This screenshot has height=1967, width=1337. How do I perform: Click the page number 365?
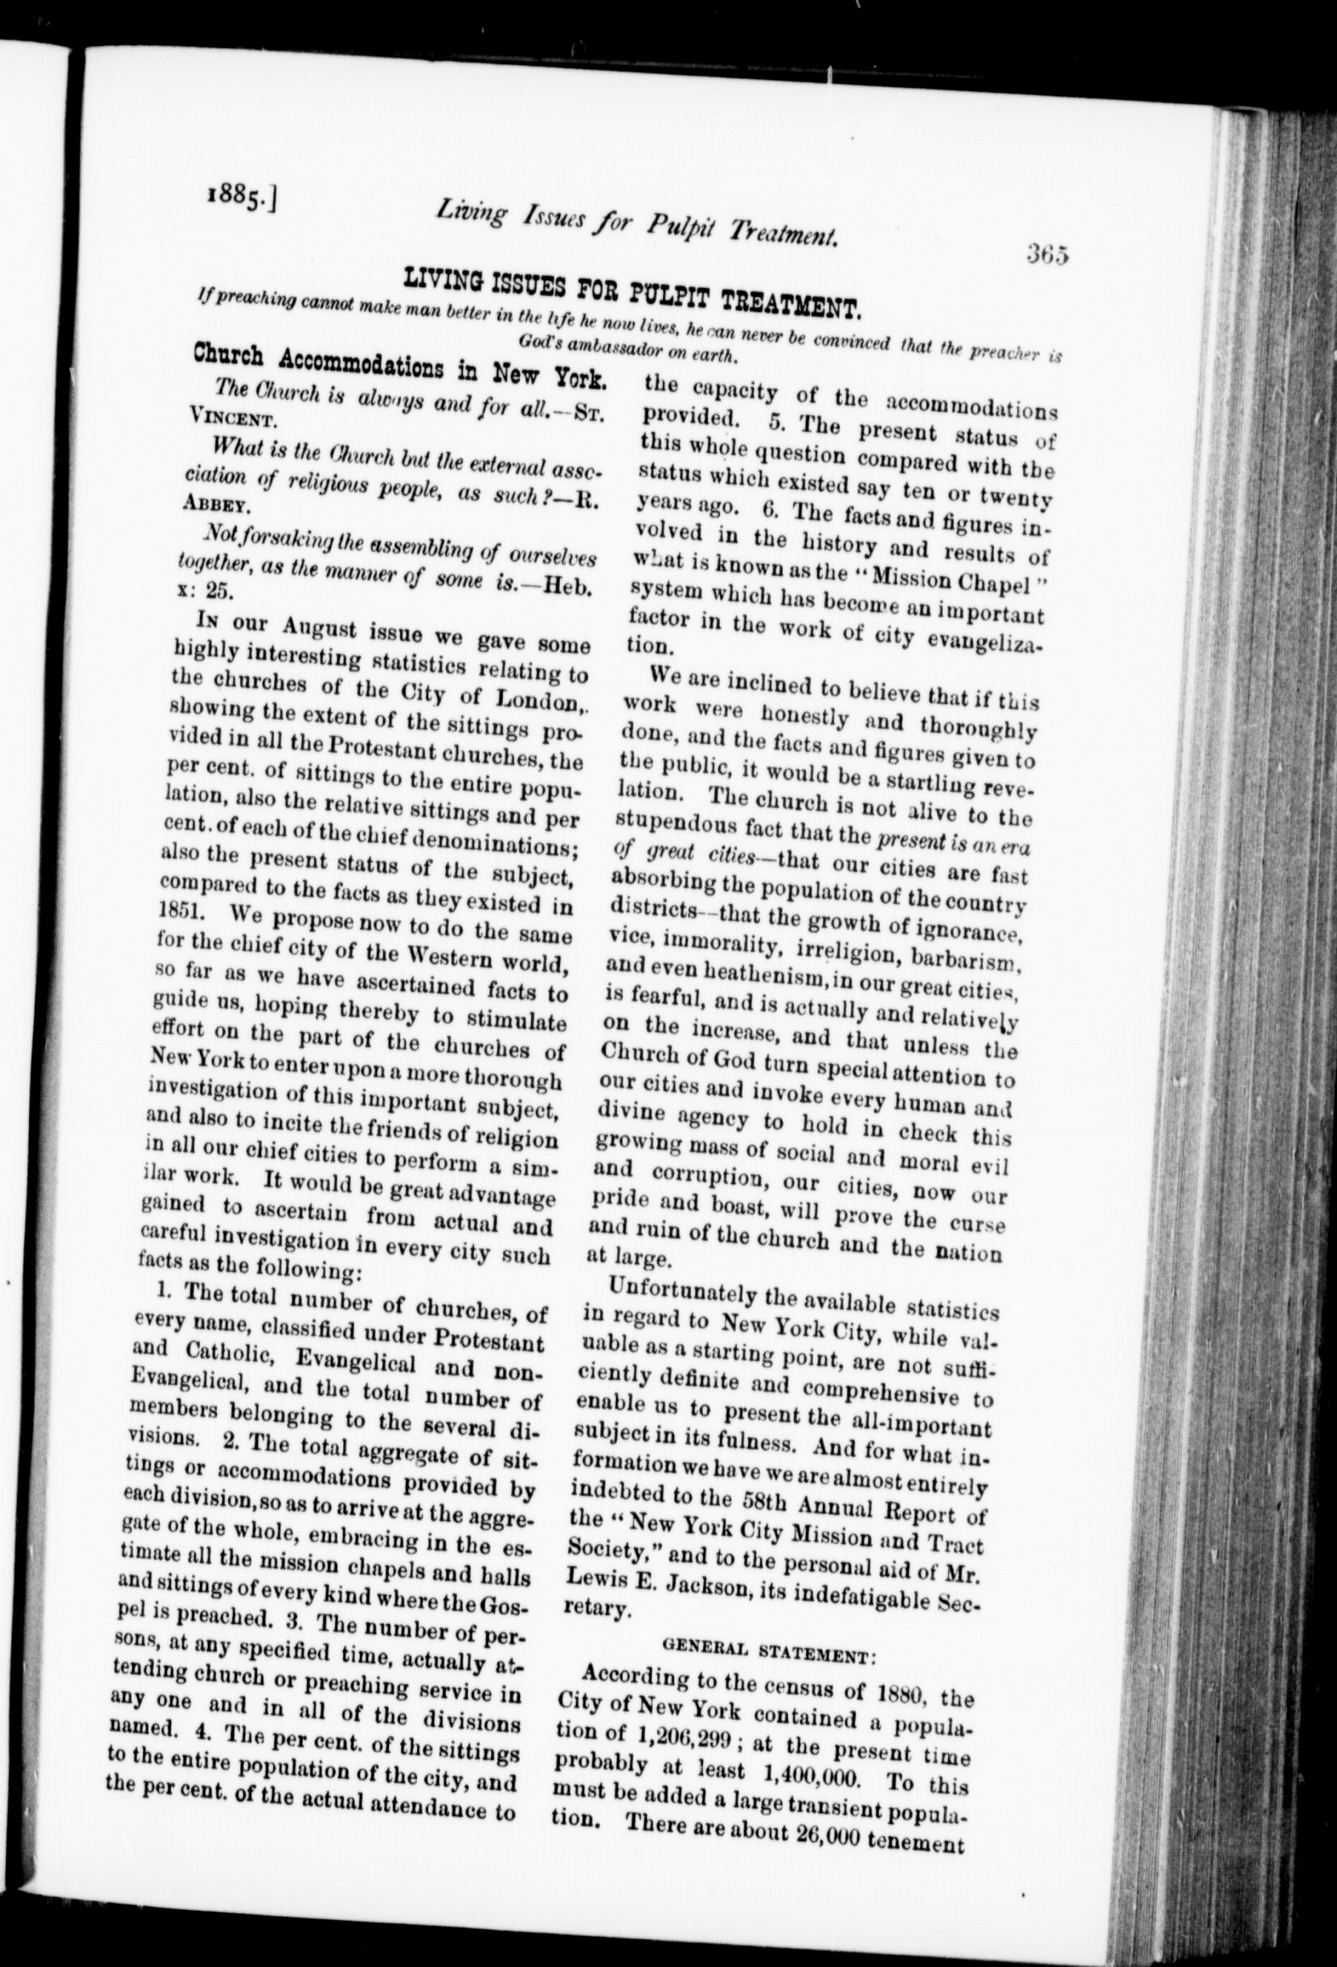(1047, 254)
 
